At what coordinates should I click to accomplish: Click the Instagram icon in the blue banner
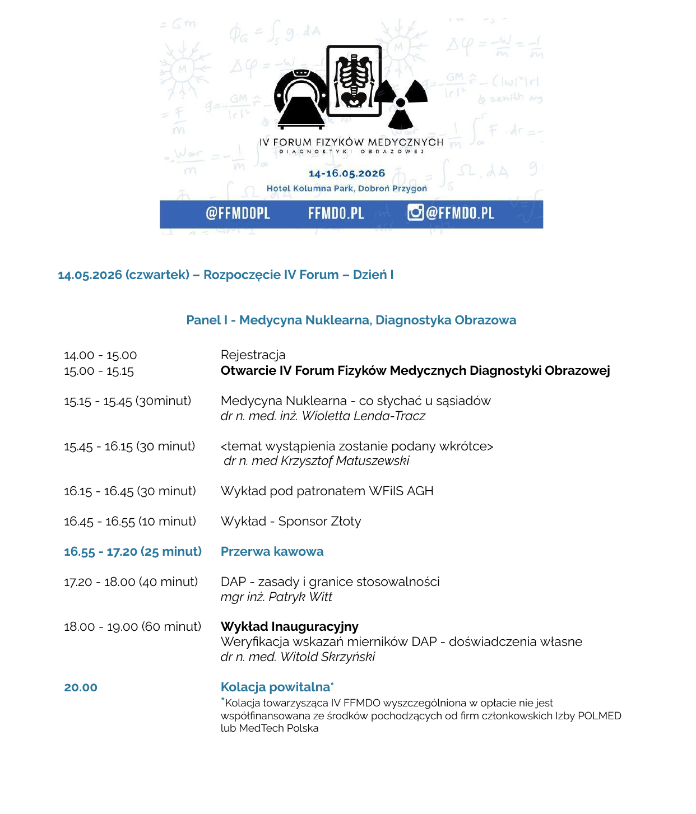click(x=415, y=212)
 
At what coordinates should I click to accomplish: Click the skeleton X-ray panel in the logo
click(x=354, y=81)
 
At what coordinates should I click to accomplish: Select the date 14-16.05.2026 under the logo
click(x=347, y=174)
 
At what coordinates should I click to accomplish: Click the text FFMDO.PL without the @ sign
click(x=336, y=213)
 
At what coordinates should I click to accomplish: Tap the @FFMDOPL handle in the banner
click(x=238, y=213)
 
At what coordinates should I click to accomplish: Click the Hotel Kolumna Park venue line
click(x=346, y=188)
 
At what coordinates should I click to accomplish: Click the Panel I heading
click(x=351, y=320)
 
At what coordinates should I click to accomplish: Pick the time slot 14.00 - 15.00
click(x=100, y=355)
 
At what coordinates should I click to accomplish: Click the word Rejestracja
click(x=253, y=355)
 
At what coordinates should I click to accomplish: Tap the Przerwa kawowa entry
click(x=272, y=552)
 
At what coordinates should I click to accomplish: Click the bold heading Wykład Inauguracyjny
click(x=289, y=627)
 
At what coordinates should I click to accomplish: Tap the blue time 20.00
click(x=81, y=687)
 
